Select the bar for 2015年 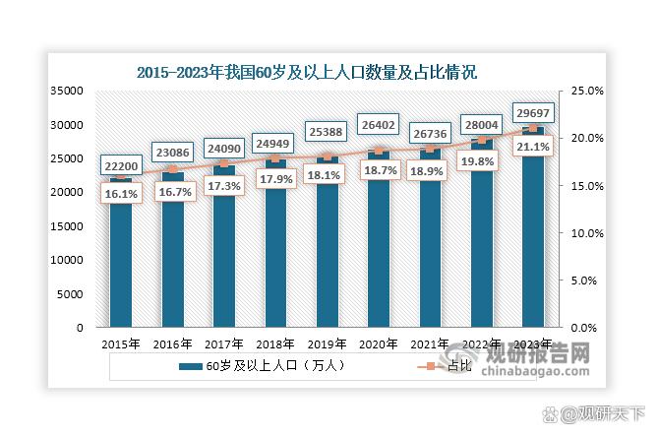pyautogui.click(x=121, y=256)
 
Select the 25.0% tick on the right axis pyautogui.click(x=587, y=91)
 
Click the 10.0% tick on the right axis pyautogui.click(x=587, y=233)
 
